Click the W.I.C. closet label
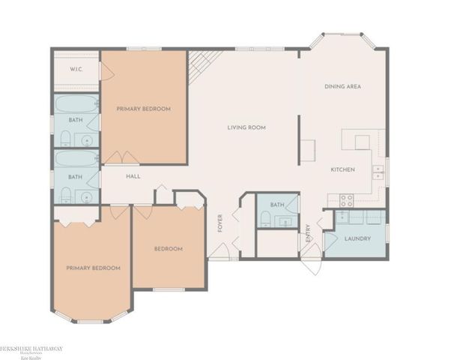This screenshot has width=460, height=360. click(x=76, y=69)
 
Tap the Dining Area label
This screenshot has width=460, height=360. click(x=343, y=87)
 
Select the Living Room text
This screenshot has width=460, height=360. click(x=247, y=127)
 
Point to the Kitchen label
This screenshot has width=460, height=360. click(x=342, y=169)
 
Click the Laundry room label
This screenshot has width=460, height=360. click(x=358, y=240)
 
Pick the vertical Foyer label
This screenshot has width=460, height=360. click(x=220, y=223)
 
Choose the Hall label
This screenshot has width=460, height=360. click(x=133, y=176)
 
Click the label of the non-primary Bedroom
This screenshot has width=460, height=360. click(x=169, y=248)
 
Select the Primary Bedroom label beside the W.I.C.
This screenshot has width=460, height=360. click(x=144, y=109)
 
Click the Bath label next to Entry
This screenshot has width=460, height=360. click(x=277, y=204)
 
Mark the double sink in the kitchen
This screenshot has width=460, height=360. click(x=378, y=172)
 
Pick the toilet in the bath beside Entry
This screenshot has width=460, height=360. click(x=265, y=218)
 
